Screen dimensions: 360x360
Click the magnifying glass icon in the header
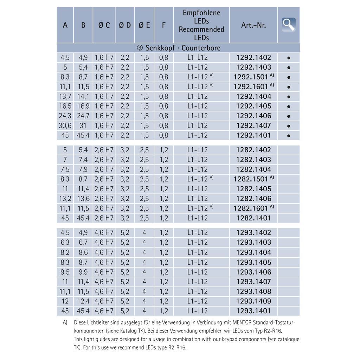point(289,25)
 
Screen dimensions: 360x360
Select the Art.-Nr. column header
point(253,25)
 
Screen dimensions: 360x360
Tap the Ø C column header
point(104,25)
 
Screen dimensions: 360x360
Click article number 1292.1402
point(253,57)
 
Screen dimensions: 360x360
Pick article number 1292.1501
point(251,77)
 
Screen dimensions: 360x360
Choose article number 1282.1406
point(253,198)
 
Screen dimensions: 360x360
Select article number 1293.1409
point(253,301)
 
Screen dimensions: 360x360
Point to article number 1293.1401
point(253,311)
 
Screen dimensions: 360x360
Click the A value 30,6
point(65,126)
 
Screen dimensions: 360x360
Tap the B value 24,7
point(83,116)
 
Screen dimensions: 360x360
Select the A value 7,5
point(65,169)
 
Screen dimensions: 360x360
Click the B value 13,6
point(83,198)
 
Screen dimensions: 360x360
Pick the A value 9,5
point(65,272)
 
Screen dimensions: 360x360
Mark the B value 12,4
point(83,301)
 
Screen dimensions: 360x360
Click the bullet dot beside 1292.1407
point(289,126)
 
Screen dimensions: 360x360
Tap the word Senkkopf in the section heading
point(160,48)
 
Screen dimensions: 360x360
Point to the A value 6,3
point(65,242)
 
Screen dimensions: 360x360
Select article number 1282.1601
point(251,208)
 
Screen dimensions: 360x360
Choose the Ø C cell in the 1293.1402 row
point(104,232)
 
